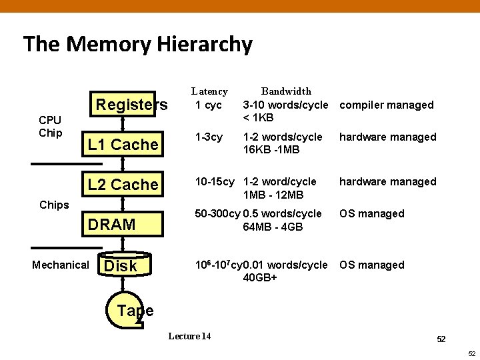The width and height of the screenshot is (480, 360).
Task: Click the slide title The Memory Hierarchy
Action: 138,45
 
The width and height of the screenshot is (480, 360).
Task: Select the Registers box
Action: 131,105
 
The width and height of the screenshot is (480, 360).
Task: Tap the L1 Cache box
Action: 123,145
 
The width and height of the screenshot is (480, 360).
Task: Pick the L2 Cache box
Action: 123,185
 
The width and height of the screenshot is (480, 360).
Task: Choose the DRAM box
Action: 123,225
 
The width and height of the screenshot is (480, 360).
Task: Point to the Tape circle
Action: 133,310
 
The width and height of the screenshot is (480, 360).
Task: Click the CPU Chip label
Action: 50,126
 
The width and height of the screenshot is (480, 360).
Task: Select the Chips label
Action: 54,205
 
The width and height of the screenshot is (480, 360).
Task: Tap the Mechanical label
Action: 61,265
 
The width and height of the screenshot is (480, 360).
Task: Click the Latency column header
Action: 209,91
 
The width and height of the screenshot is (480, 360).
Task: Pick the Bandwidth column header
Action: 286,91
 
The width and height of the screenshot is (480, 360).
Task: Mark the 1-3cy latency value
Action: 209,137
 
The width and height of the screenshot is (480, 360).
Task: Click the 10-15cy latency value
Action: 214,182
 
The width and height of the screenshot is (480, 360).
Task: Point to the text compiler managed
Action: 387,105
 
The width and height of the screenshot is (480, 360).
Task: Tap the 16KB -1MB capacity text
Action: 271,150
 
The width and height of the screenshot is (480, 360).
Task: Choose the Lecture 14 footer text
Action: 189,336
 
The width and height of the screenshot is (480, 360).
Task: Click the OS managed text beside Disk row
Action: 372,265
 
